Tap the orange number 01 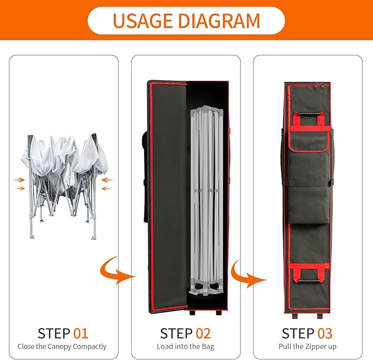(81, 333)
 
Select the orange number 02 (203, 333)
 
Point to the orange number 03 (325, 333)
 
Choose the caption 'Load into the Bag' (185, 347)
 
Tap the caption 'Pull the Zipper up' (308, 347)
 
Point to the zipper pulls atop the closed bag (318, 87)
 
